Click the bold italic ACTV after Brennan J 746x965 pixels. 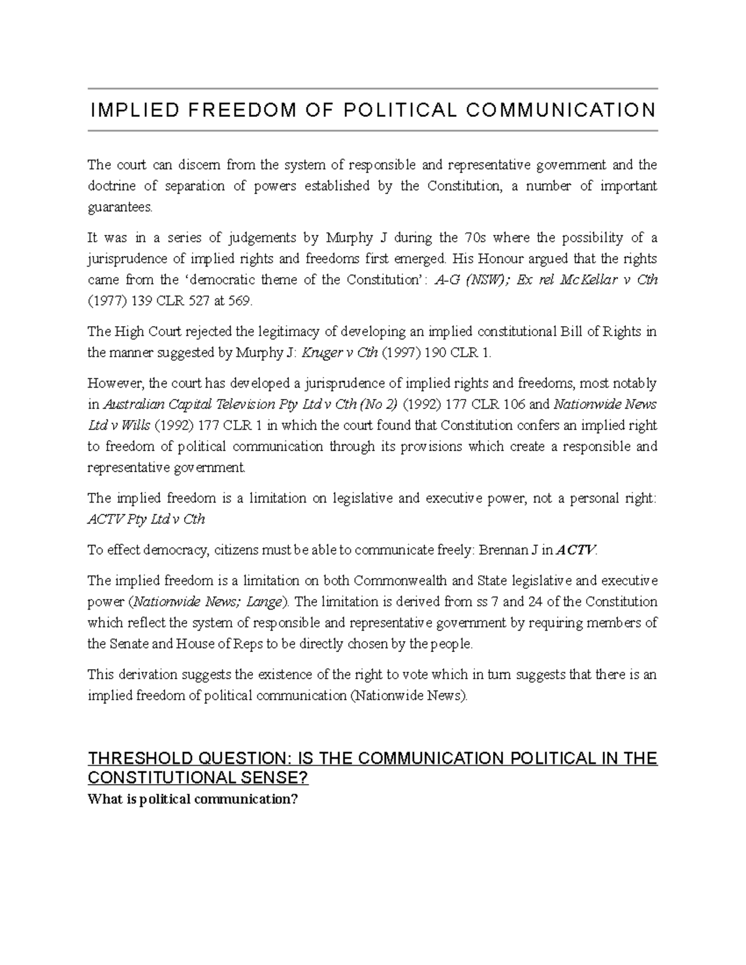[x=576, y=550]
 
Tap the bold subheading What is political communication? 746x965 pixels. [x=193, y=799]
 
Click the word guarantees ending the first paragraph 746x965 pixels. [x=119, y=207]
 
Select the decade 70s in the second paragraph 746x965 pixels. [x=475, y=238]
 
